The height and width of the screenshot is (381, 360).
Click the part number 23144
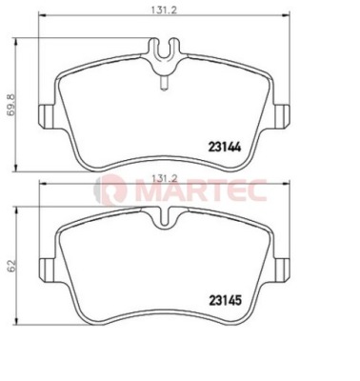click(x=225, y=147)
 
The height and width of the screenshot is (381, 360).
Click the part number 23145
click(x=225, y=300)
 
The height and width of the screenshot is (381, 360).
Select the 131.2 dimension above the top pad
click(x=163, y=10)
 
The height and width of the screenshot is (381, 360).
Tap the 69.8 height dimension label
click(x=11, y=105)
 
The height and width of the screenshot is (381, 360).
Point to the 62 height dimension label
click(x=11, y=265)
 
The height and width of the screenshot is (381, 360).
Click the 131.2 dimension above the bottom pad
click(x=164, y=178)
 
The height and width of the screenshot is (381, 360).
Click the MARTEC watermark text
click(x=201, y=191)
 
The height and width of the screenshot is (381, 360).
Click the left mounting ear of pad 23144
click(x=49, y=116)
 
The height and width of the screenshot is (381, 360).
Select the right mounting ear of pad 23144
click(x=280, y=116)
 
